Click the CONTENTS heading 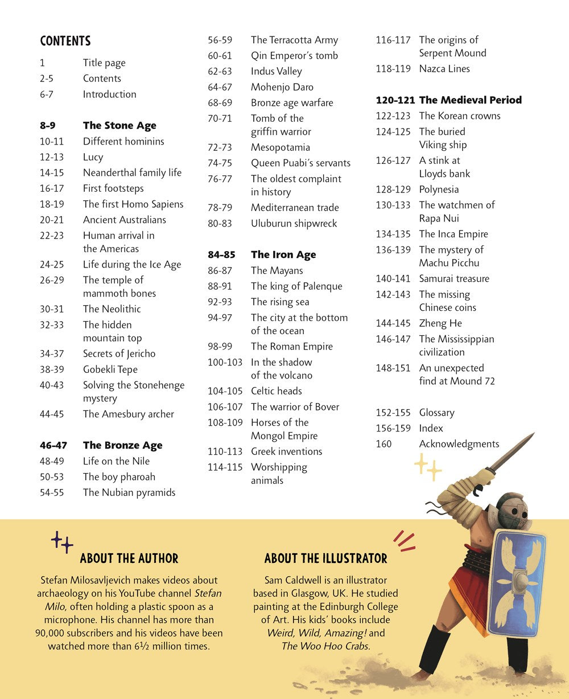65,41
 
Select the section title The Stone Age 119,125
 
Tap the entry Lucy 93,157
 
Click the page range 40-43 52,385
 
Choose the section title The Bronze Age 123,445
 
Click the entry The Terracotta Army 294,40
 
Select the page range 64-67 220,87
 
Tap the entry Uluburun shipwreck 294,224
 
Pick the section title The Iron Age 283,255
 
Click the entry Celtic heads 277,391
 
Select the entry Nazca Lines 444,69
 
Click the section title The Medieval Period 470,100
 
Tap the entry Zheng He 440,323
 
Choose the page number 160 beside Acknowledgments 384,444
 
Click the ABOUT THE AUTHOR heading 129,558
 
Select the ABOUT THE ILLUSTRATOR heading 325,558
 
